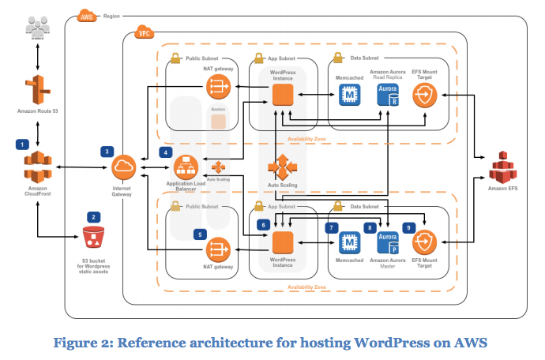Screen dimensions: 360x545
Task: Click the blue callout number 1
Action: (x=23, y=144)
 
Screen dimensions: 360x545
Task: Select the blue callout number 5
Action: (x=201, y=234)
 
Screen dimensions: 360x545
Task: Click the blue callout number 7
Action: (x=333, y=227)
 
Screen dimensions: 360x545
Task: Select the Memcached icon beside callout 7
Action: (x=348, y=243)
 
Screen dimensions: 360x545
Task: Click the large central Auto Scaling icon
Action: (x=281, y=168)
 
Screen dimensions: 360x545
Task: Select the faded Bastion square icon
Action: (x=217, y=120)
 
